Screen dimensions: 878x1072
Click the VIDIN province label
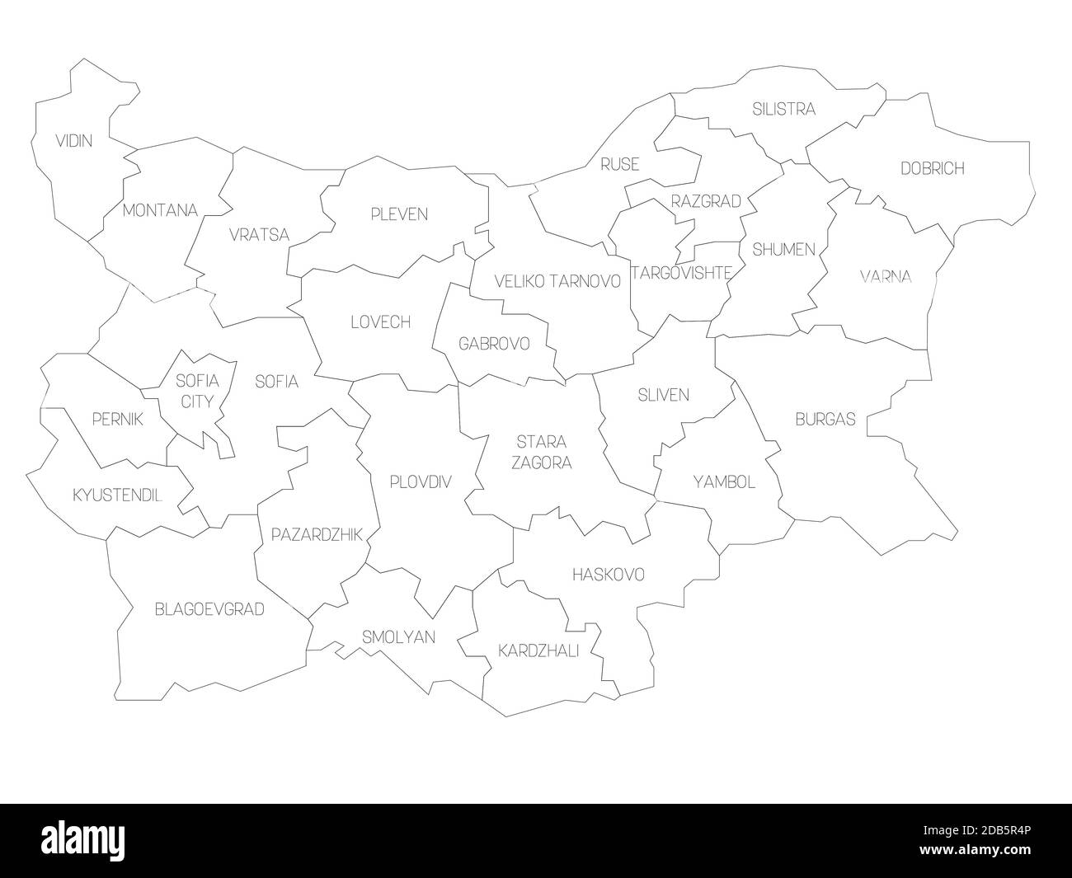(x=73, y=141)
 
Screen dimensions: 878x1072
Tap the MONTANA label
(x=160, y=210)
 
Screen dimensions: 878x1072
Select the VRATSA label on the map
(x=260, y=235)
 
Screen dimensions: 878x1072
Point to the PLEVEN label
(x=398, y=214)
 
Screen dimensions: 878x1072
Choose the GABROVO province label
(x=494, y=343)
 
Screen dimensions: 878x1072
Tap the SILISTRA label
(x=783, y=109)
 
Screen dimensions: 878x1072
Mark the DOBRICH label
(x=932, y=168)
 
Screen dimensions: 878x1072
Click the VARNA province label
(x=886, y=276)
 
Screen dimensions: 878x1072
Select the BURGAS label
(x=825, y=419)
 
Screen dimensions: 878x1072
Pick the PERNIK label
(x=117, y=420)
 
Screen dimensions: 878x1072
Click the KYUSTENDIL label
(x=117, y=495)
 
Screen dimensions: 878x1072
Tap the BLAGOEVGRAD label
(x=209, y=609)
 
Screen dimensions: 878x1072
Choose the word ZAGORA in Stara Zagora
(x=541, y=462)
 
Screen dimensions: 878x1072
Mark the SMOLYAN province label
(x=399, y=637)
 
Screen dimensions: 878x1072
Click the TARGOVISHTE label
(x=681, y=273)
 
